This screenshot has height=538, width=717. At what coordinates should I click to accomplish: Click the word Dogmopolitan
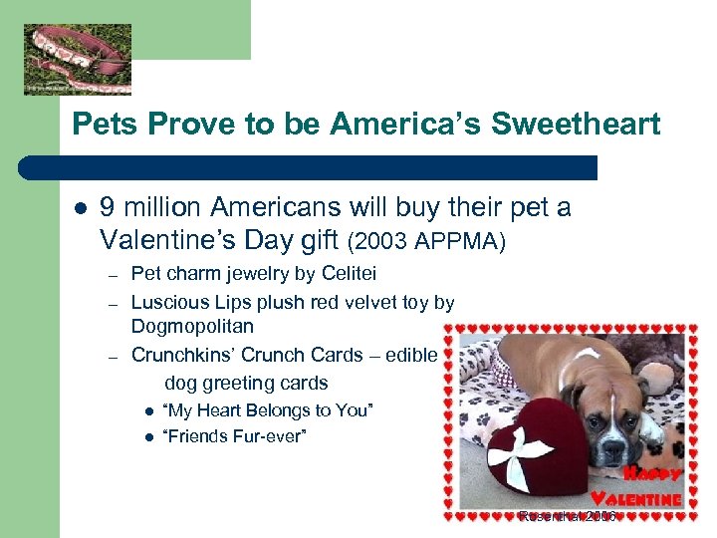tap(192, 326)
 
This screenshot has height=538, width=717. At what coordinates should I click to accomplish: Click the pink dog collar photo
tap(78, 59)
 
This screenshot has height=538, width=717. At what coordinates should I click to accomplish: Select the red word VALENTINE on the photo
tap(636, 498)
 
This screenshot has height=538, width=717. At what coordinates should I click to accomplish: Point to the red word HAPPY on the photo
tap(652, 473)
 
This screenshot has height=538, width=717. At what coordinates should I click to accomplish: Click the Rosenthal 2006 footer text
tap(568, 516)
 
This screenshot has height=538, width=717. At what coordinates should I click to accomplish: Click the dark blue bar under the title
tap(329, 167)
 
